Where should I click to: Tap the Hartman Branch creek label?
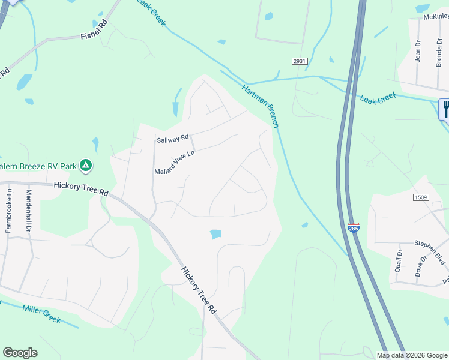tap(261, 106)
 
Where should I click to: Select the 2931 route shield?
tap(300, 62)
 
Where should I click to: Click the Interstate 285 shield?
tap(354, 228)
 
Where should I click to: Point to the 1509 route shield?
tap(420, 197)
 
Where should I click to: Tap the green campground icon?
tap(86, 164)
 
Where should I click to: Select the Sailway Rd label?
tap(173, 139)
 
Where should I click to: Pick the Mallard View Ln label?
tap(175, 162)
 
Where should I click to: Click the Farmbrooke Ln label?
tap(9, 210)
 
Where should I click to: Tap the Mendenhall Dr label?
tap(28, 211)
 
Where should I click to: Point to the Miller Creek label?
tap(41, 314)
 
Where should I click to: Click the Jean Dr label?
tap(418, 51)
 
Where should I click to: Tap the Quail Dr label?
tap(398, 260)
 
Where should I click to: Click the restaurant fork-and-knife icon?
tap(445, 109)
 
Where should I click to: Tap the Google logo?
tap(20, 353)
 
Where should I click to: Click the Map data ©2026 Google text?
tap(412, 355)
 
